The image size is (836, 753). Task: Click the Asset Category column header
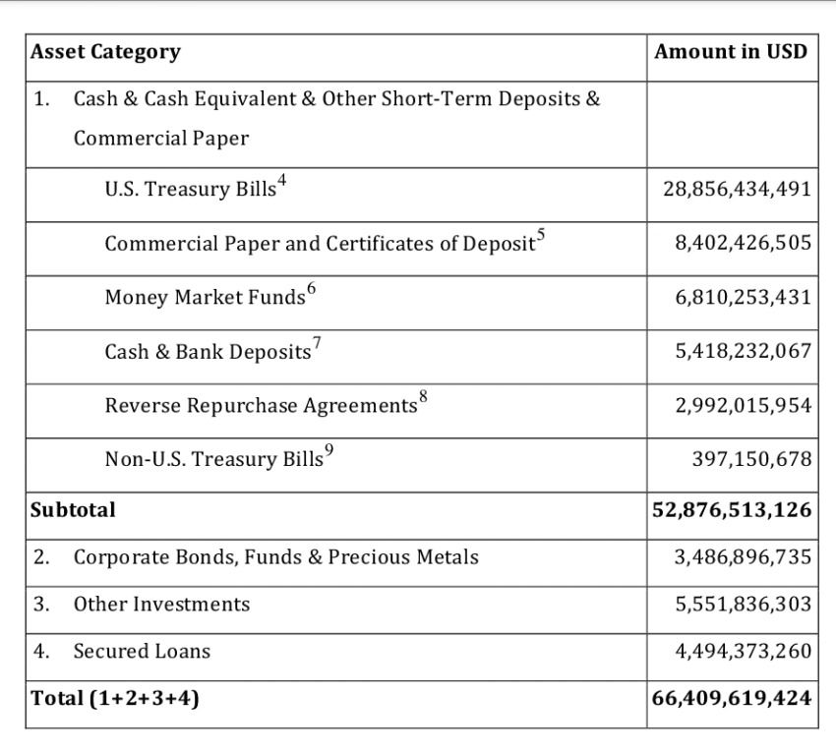105,52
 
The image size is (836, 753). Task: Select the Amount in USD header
731,51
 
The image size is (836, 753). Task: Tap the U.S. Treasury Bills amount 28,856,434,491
737,189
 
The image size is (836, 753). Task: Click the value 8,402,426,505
743,243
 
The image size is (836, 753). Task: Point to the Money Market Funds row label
206,298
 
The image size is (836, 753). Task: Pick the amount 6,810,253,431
743,297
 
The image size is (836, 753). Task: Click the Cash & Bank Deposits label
208,352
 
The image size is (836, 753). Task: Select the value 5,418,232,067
743,351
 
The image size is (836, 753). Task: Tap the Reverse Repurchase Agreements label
261,406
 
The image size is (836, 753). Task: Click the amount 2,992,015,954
743,405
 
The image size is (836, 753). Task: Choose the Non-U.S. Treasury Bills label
213,459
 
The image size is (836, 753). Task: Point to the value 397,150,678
751,459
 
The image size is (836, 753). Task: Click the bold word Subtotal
73,510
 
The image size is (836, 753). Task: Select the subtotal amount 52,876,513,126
732,510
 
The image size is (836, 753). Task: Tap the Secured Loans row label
142,651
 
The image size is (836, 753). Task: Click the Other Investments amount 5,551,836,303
743,604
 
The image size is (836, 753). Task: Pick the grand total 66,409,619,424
732,698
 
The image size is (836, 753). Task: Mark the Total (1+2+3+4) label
115,698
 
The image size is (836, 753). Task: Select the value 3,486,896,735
743,557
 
